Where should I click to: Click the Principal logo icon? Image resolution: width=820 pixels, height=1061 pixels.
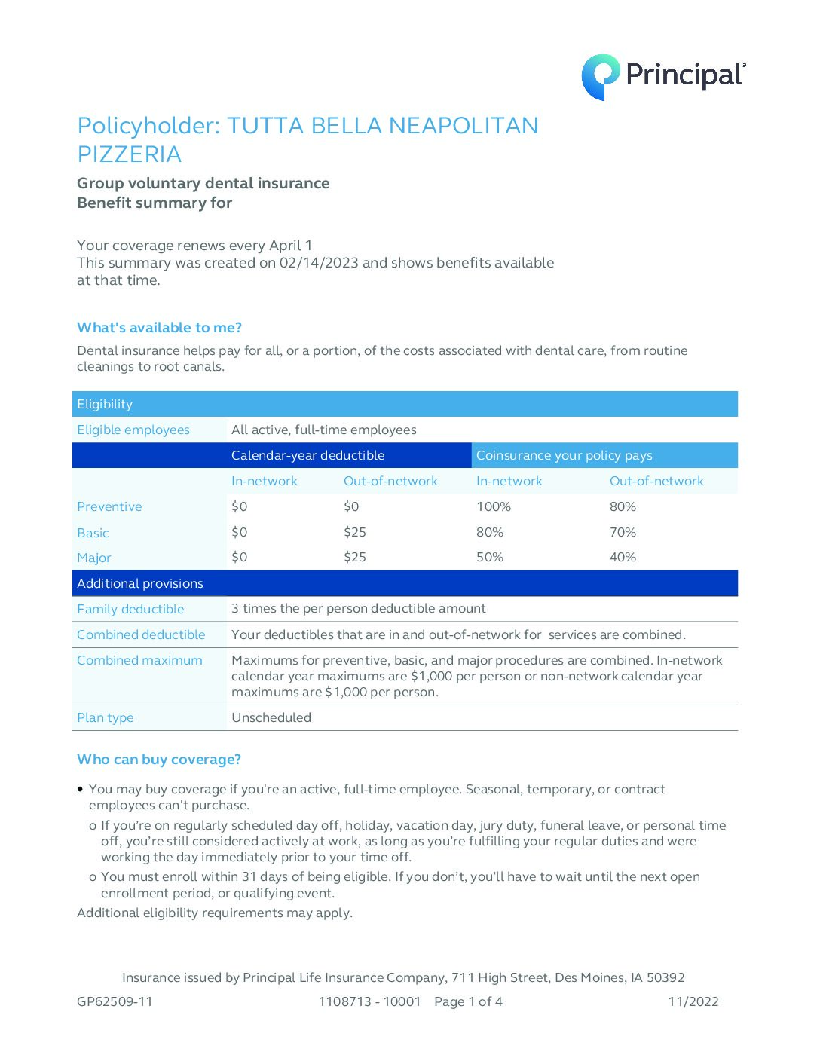point(600,76)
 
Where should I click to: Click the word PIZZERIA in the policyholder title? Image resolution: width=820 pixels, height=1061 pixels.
point(130,154)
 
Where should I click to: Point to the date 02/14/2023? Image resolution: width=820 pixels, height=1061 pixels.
point(319,263)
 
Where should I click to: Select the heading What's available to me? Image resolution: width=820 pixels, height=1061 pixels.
point(159,328)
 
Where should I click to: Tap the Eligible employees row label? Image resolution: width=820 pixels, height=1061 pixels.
point(133,430)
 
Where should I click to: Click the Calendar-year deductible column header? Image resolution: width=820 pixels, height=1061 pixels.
point(307,456)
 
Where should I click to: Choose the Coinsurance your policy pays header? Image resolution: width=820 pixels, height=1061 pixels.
point(564,456)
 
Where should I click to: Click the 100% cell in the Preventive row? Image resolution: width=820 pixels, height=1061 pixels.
point(494,507)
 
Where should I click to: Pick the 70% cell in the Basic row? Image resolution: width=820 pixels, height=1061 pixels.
point(623,533)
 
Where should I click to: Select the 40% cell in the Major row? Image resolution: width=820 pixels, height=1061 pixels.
point(623,558)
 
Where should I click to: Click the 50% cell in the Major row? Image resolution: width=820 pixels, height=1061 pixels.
point(490,558)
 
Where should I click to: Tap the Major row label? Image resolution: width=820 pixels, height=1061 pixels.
point(94,558)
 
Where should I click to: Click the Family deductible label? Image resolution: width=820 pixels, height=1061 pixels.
point(130,610)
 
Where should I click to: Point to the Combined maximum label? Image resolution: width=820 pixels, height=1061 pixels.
point(139,661)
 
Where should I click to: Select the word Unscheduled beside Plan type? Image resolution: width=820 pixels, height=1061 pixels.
point(271,718)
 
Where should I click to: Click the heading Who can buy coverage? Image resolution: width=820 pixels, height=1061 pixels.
point(159,760)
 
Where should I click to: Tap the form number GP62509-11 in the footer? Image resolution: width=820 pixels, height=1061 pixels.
point(115,1002)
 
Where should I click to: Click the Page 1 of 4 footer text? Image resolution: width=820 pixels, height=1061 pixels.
point(468,1002)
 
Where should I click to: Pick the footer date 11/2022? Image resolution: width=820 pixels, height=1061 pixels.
point(693,1002)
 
